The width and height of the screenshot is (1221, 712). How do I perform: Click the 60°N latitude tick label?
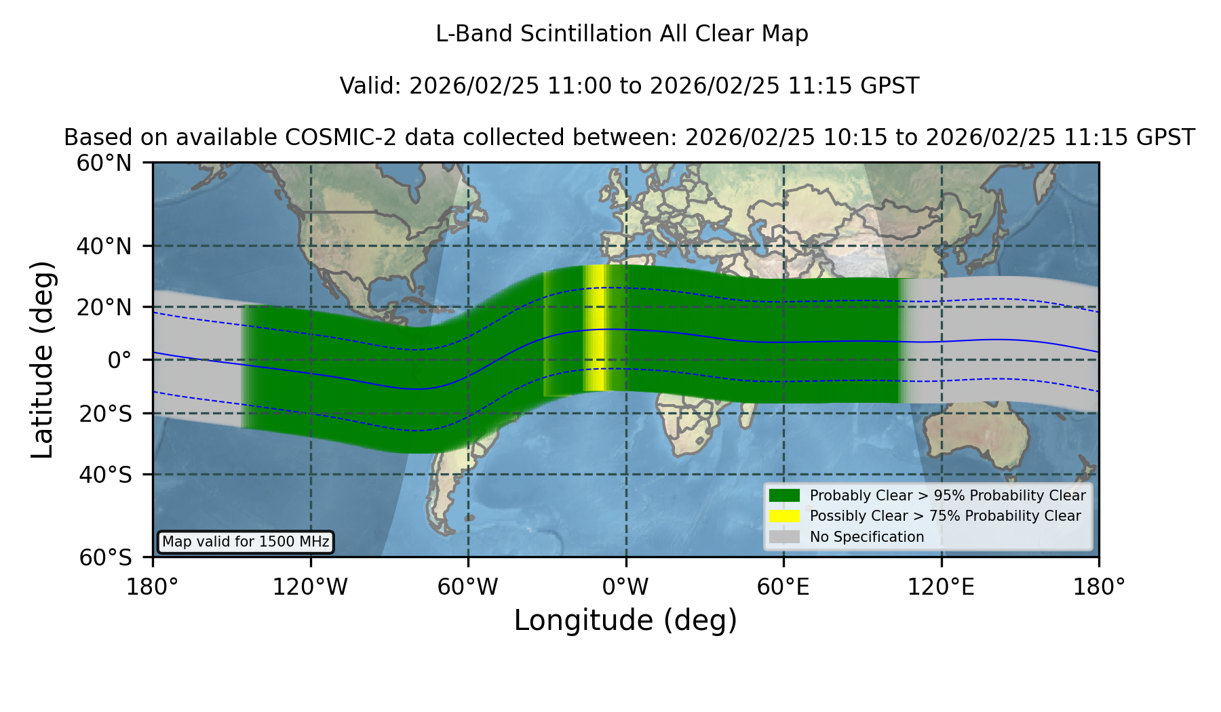pyautogui.click(x=104, y=163)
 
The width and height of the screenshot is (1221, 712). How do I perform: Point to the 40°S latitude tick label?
pyautogui.click(x=105, y=475)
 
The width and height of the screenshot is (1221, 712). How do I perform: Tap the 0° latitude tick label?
pyautogui.click(x=119, y=359)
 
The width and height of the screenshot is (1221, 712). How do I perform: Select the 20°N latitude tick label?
pyautogui.click(x=104, y=307)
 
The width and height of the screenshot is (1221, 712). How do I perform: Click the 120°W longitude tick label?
pyautogui.click(x=310, y=587)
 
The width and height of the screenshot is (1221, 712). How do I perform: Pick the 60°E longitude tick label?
pyautogui.click(x=783, y=587)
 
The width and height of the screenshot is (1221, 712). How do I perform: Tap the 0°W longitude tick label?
pyautogui.click(x=625, y=587)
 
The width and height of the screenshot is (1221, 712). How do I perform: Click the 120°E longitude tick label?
pyautogui.click(x=941, y=587)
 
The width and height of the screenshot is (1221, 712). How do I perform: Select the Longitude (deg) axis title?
pyautogui.click(x=625, y=620)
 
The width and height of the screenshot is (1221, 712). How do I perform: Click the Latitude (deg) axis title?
pyautogui.click(x=42, y=359)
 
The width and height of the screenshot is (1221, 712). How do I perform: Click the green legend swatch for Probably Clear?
pyautogui.click(x=784, y=496)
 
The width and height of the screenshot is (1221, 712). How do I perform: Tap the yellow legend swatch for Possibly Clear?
pyautogui.click(x=784, y=516)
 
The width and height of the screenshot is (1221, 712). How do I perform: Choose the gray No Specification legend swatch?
pyautogui.click(x=784, y=537)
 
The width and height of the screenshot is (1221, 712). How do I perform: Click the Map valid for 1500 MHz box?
pyautogui.click(x=246, y=542)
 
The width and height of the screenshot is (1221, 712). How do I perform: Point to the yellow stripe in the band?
pyautogui.click(x=596, y=328)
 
